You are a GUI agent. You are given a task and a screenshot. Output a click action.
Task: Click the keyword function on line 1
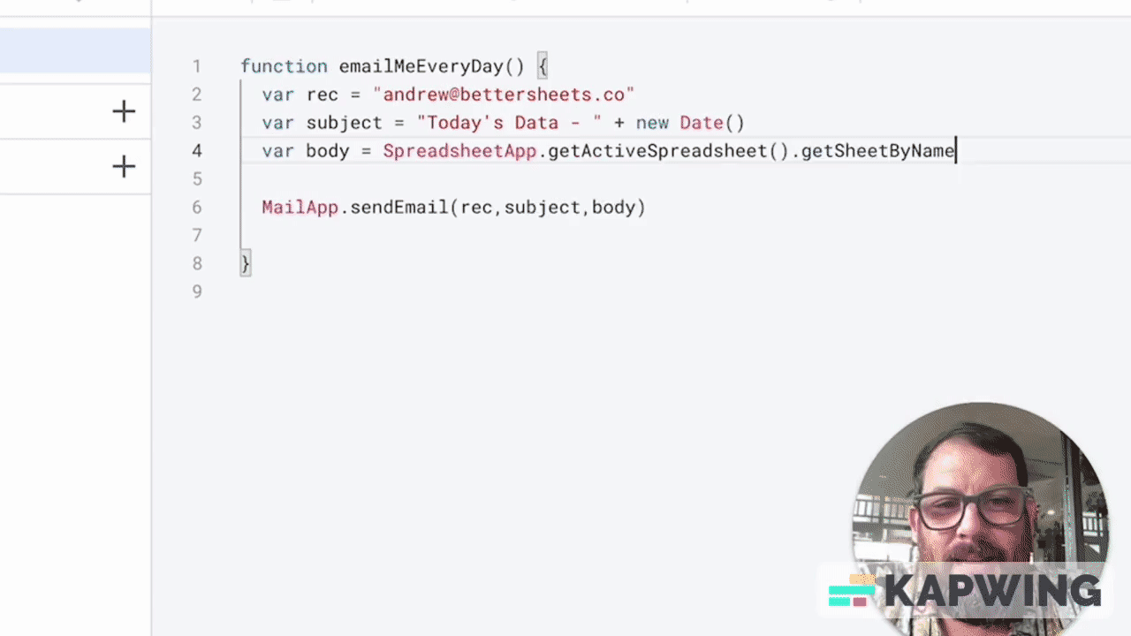pyautogui.click(x=284, y=66)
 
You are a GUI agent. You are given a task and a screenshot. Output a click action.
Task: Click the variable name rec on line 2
pyautogui.click(x=323, y=95)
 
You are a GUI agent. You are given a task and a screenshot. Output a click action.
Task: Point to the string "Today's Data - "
pyautogui.click(x=509, y=123)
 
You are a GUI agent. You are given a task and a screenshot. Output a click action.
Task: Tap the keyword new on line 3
pyautogui.click(x=652, y=123)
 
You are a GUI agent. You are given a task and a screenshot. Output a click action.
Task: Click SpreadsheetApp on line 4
pyautogui.click(x=459, y=151)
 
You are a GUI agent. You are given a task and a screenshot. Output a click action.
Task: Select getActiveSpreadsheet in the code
pyautogui.click(x=657, y=151)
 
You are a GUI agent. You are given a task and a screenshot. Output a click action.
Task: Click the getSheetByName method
pyautogui.click(x=877, y=151)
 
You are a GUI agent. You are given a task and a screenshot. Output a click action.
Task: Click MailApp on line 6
pyautogui.click(x=300, y=208)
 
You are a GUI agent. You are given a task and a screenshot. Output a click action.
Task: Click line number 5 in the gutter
pyautogui.click(x=196, y=179)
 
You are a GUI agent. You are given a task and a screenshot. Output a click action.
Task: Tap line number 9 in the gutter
pyautogui.click(x=196, y=291)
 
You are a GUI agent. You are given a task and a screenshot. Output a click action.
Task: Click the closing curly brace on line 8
pyautogui.click(x=246, y=263)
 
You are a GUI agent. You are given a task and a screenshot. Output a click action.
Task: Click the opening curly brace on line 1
pyautogui.click(x=543, y=66)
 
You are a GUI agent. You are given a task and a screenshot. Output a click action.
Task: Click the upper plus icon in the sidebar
pyautogui.click(x=124, y=111)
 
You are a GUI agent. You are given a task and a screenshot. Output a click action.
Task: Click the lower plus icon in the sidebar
pyautogui.click(x=124, y=166)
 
